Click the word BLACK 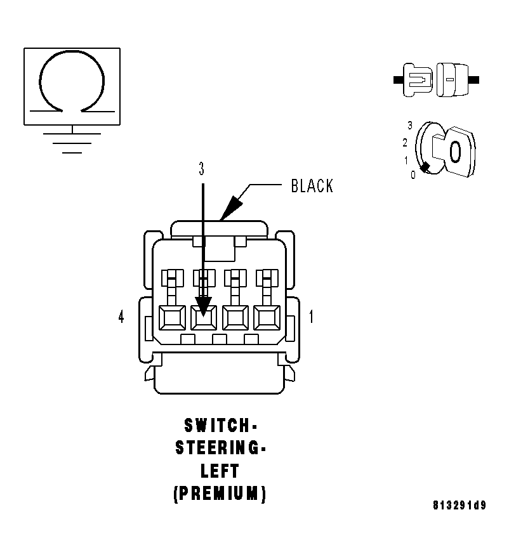coord(312,186)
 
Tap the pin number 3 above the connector coord(202,169)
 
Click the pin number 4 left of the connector coord(121,317)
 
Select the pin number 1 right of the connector coord(310,317)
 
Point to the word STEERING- coord(220,448)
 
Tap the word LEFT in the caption coord(220,471)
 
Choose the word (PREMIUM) coord(220,494)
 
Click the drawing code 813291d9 coord(459,506)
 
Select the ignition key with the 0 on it coord(454,152)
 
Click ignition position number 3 coord(410,126)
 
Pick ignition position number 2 coord(404,143)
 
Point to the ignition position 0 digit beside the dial coord(413,175)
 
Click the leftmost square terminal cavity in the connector coord(172,317)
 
